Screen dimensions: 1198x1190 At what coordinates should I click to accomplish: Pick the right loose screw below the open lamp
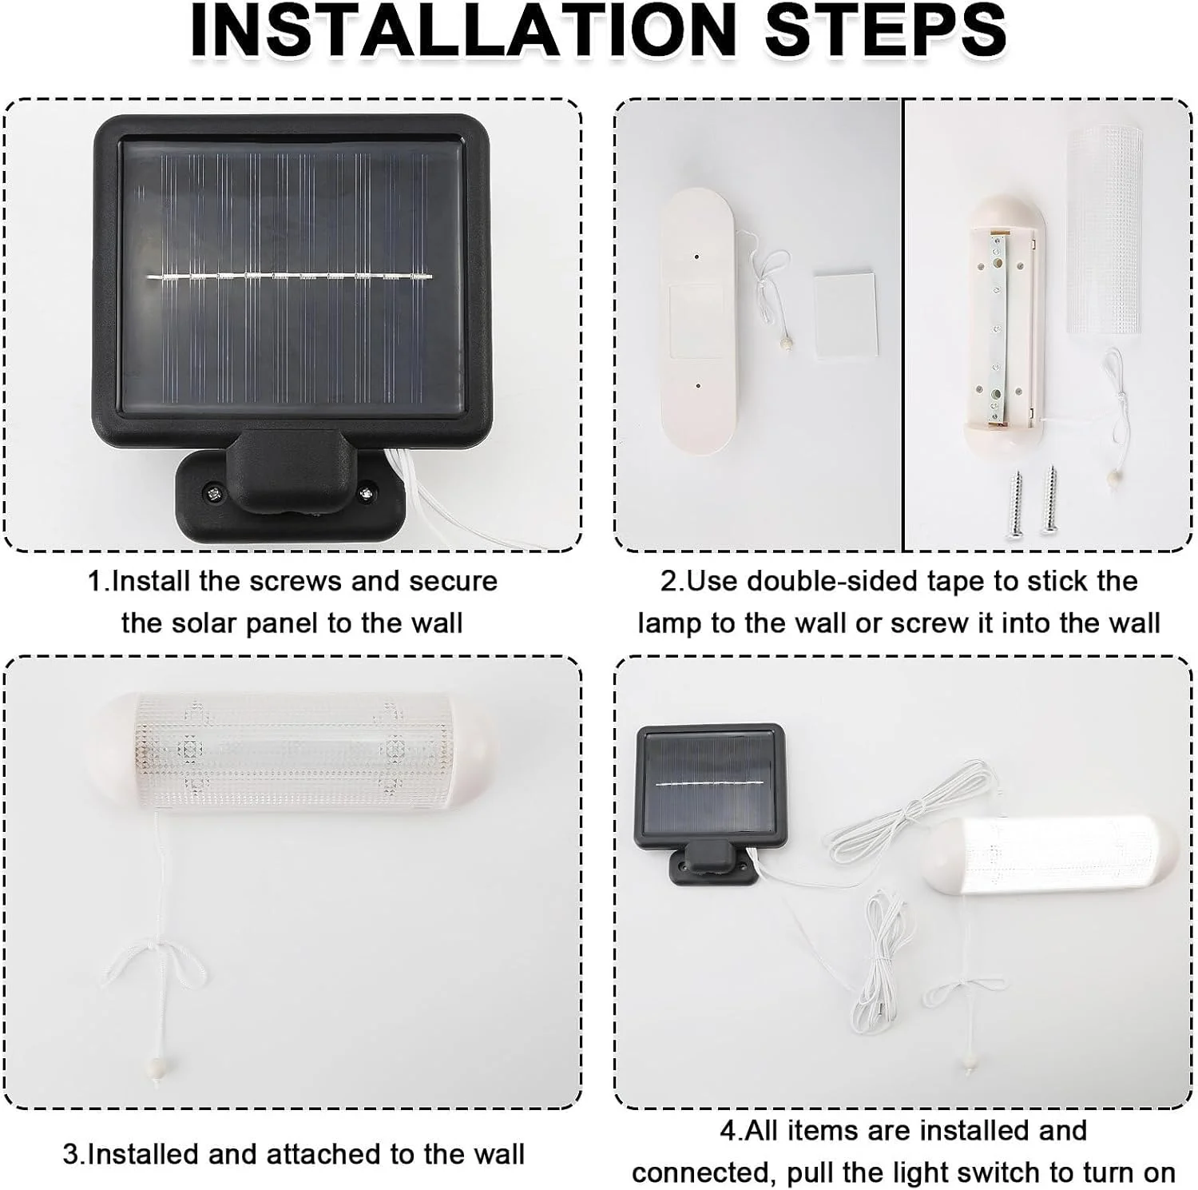1049,500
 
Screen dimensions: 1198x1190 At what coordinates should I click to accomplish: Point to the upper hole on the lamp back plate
696,257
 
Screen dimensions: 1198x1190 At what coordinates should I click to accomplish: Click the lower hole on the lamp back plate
698,385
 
